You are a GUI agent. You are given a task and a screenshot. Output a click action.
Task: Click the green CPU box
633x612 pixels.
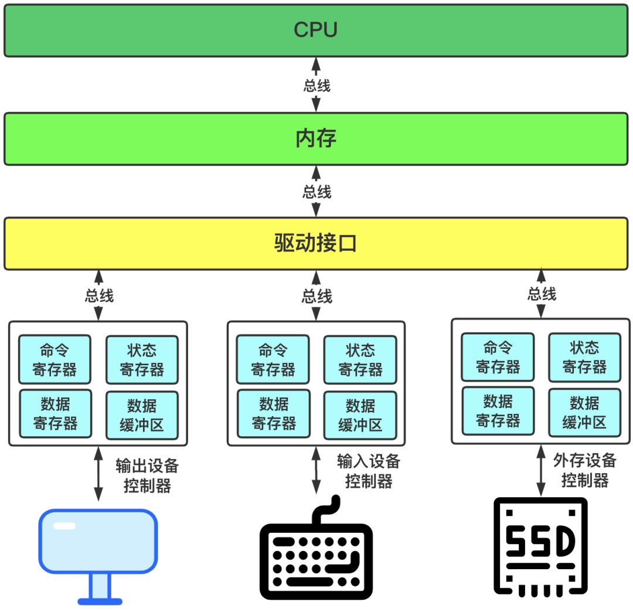(x=316, y=30)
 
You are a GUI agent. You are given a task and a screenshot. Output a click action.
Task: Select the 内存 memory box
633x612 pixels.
(x=316, y=139)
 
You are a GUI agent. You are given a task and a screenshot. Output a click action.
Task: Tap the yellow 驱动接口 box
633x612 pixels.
(x=316, y=243)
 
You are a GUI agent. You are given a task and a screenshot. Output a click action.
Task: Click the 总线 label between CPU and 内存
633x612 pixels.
(x=316, y=86)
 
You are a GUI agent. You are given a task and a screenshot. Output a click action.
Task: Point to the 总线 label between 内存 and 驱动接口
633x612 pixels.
(x=316, y=192)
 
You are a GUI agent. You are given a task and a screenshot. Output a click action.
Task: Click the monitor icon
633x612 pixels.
(x=98, y=551)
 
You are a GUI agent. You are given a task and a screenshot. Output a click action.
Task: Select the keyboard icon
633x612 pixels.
(x=316, y=554)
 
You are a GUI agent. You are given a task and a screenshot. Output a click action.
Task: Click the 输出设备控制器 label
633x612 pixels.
(x=147, y=476)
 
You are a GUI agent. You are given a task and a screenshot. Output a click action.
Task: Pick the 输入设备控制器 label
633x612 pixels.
(x=368, y=471)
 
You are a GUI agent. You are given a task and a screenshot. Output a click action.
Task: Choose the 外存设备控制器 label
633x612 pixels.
(x=584, y=470)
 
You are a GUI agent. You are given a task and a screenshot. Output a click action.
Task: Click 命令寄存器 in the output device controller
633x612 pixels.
(x=55, y=360)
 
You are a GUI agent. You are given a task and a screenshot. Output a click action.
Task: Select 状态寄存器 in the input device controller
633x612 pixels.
(x=360, y=360)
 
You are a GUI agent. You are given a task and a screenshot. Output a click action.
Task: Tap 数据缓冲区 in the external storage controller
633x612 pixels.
(x=584, y=412)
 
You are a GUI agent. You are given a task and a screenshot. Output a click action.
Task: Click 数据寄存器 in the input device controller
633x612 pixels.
(x=273, y=414)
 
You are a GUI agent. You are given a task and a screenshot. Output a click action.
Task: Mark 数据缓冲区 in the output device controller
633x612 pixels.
(x=142, y=415)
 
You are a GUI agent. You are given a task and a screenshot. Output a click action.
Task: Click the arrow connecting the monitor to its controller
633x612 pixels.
(x=98, y=474)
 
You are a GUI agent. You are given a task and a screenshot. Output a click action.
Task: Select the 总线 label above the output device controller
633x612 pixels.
(x=99, y=295)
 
